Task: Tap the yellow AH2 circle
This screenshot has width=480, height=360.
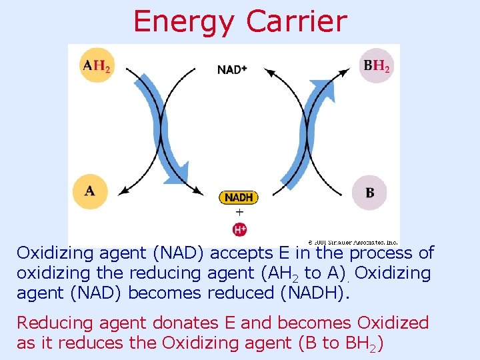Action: (x=96, y=65)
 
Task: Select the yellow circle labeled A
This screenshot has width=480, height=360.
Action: (x=90, y=191)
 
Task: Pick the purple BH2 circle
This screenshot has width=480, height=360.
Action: (x=377, y=65)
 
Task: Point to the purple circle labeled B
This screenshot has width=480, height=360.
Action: (x=370, y=192)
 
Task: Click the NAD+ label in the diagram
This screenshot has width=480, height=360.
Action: (x=232, y=69)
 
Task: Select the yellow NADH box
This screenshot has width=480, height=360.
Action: (x=238, y=197)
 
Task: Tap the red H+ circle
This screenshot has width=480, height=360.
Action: (x=239, y=230)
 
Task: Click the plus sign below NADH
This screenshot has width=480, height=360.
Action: (x=239, y=213)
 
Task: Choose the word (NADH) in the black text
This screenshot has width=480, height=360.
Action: (x=311, y=293)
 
